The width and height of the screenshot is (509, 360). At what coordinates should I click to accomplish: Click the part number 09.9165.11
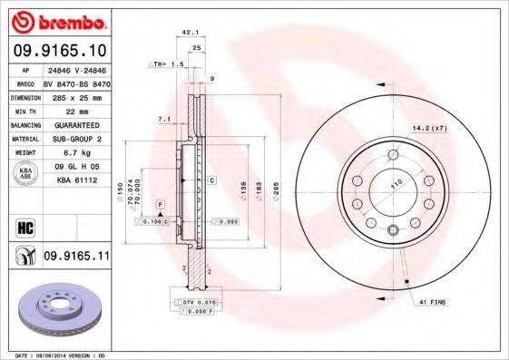[76, 258]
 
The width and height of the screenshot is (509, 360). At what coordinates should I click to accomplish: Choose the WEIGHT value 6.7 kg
[63, 153]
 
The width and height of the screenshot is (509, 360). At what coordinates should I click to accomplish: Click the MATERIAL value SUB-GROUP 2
[73, 139]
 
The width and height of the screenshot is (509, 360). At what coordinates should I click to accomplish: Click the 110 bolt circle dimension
[395, 184]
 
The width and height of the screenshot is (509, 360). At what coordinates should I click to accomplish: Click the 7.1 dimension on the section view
[163, 119]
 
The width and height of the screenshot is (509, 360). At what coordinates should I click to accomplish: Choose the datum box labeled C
[210, 180]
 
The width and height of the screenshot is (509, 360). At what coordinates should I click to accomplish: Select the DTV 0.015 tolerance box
[192, 302]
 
